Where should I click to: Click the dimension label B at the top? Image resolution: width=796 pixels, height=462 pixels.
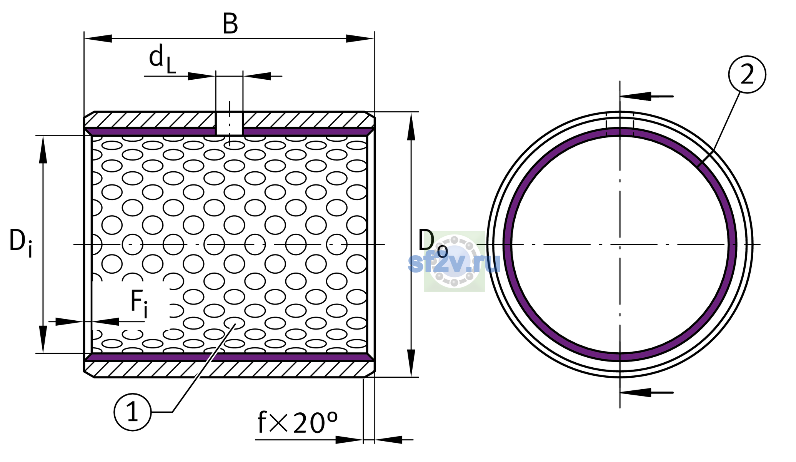[x=230, y=23]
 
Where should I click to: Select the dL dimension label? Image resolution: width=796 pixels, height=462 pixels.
[x=162, y=59]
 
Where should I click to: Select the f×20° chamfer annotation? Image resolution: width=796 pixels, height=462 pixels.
[x=297, y=422]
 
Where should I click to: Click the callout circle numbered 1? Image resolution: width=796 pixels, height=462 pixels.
[x=132, y=412]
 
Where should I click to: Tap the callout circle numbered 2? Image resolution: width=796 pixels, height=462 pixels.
[x=747, y=74]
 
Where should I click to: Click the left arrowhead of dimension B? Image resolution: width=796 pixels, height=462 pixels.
[x=98, y=38]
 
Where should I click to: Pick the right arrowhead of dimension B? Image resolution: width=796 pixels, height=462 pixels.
[x=360, y=38]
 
